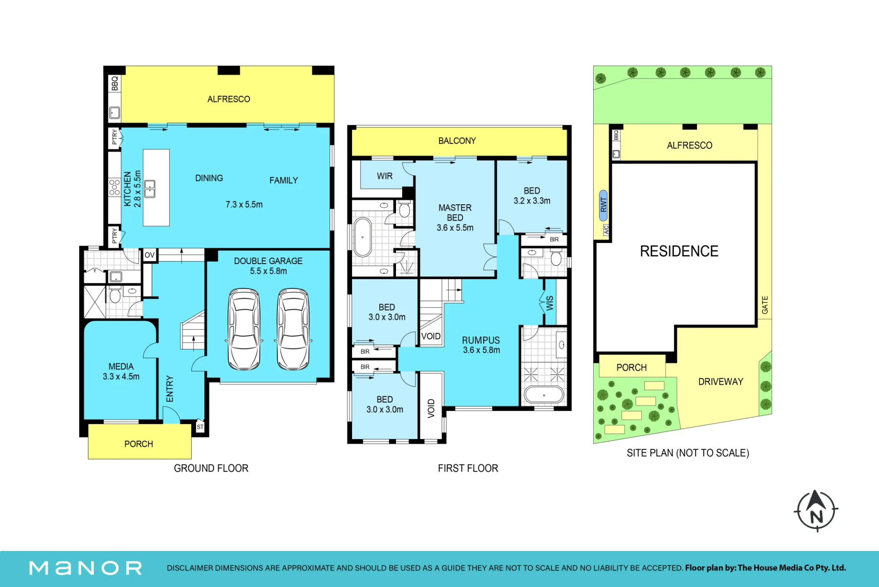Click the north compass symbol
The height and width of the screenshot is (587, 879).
[x=816, y=511]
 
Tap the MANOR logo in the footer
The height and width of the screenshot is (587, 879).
[x=86, y=568]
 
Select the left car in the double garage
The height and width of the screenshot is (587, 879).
[x=244, y=329]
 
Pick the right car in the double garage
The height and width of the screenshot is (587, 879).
[x=293, y=329]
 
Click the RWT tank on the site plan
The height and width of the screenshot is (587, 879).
[x=603, y=207]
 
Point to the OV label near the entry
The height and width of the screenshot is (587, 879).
[x=149, y=255]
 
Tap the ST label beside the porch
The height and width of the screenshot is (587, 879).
[x=200, y=427]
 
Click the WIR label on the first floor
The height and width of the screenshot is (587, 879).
[x=385, y=176]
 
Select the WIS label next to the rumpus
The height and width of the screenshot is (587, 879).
[x=550, y=303]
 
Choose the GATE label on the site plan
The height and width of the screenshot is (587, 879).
[x=765, y=305]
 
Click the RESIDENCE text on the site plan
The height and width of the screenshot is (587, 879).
[x=679, y=251]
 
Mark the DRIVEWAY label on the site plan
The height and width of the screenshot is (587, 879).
[x=721, y=382]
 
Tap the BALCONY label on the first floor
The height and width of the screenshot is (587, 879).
[x=457, y=141]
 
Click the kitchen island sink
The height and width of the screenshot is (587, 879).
[x=150, y=189]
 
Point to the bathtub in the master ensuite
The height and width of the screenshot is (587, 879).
[x=363, y=237]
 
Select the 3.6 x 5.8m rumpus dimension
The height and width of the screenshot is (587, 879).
[x=481, y=350]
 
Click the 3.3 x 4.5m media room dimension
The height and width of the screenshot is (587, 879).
[x=121, y=377]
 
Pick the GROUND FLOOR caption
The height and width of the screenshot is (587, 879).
[x=211, y=468]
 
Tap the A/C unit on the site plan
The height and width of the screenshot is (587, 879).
[x=606, y=230]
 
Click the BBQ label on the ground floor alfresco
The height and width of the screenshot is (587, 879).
[x=115, y=83]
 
